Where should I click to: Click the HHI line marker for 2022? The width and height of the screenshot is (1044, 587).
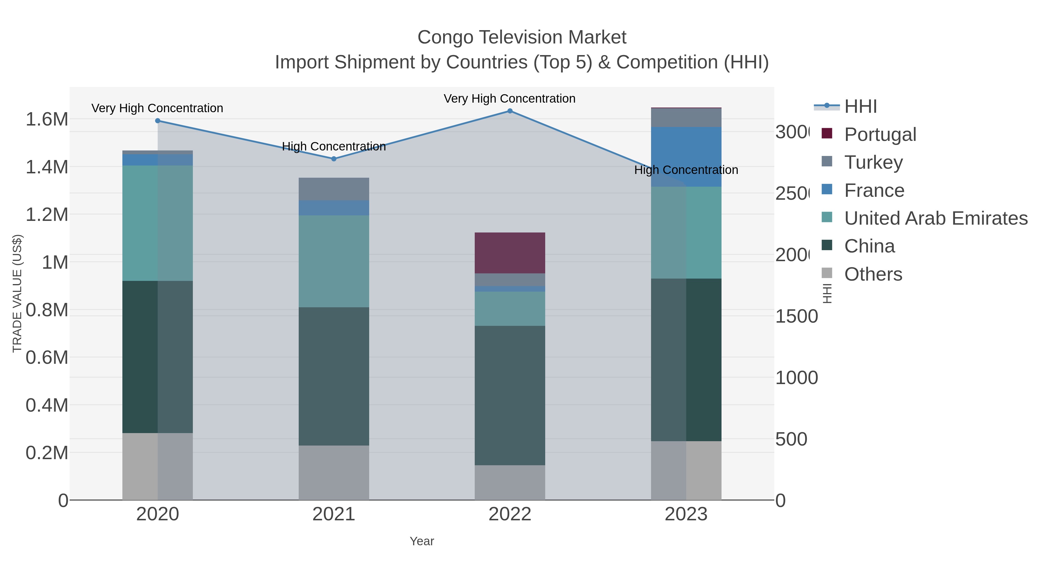coord(510,111)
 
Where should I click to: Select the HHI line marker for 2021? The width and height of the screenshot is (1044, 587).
coord(334,159)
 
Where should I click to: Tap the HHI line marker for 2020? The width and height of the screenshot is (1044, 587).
coord(158,121)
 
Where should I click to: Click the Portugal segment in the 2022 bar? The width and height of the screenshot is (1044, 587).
coord(510,253)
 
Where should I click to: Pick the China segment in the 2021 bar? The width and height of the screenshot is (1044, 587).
coord(334,376)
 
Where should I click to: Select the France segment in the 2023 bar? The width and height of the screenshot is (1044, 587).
coord(686,157)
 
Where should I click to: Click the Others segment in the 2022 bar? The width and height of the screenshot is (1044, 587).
coord(510,482)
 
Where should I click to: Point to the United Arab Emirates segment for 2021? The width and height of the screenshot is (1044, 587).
coord(334,261)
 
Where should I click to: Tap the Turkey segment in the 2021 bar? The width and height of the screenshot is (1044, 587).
coord(334,189)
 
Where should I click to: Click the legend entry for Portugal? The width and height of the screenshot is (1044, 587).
coord(880,134)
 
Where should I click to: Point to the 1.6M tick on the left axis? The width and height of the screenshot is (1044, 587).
coord(47,119)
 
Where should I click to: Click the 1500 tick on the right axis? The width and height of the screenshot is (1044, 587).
coord(796,316)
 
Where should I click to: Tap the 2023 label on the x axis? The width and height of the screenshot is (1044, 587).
coord(686,514)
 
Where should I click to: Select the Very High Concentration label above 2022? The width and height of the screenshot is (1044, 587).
coord(510,99)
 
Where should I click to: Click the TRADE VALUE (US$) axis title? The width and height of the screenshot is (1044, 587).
coord(17,293)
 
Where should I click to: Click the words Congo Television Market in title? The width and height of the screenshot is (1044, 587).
coord(522,37)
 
